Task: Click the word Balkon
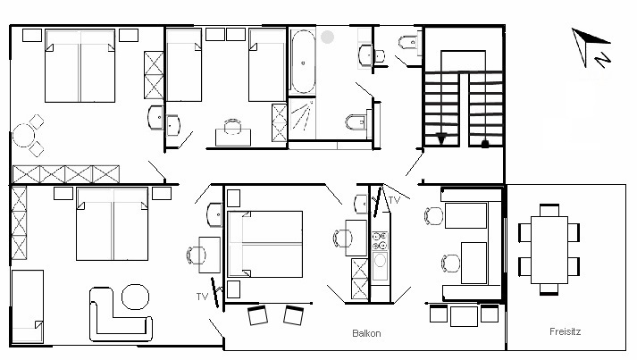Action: (366, 333)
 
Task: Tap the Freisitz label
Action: (566, 331)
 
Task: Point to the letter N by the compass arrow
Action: (603, 60)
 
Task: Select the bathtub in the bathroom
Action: (303, 63)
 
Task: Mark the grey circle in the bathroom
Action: (328, 37)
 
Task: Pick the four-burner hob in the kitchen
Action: (381, 240)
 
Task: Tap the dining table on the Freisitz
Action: (549, 249)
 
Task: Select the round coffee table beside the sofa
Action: (135, 297)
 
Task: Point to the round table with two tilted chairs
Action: (23, 135)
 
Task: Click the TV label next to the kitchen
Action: (394, 200)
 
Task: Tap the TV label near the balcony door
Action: (202, 297)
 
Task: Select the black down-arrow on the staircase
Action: (441, 138)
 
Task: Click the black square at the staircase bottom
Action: (484, 144)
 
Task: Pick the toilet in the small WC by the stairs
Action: (408, 42)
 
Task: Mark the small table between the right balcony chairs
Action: (464, 316)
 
